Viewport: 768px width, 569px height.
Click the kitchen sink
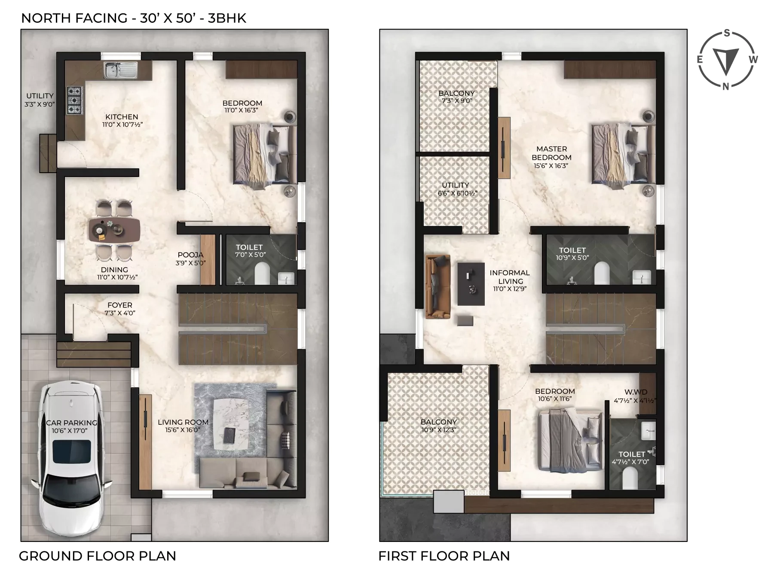(120, 70)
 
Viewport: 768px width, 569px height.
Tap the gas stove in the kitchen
(74, 100)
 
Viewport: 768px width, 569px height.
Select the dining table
(114, 229)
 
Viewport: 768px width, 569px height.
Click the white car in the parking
(71, 459)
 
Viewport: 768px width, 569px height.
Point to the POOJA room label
(190, 255)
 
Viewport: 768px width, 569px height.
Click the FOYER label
(120, 305)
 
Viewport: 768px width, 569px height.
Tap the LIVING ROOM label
(183, 422)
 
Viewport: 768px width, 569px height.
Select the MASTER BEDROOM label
(551, 153)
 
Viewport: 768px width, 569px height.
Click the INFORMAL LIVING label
(510, 277)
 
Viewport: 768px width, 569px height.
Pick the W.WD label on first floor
(636, 392)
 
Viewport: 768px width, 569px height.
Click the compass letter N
(726, 86)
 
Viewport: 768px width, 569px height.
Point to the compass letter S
(727, 33)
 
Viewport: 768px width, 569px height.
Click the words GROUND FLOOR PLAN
(98, 556)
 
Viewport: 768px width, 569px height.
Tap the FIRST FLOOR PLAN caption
(444, 556)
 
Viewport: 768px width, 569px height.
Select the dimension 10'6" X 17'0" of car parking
(70, 430)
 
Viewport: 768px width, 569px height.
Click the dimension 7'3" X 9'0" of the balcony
(457, 101)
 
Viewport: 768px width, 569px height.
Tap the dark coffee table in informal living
(471, 284)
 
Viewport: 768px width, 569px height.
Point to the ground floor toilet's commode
(262, 274)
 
